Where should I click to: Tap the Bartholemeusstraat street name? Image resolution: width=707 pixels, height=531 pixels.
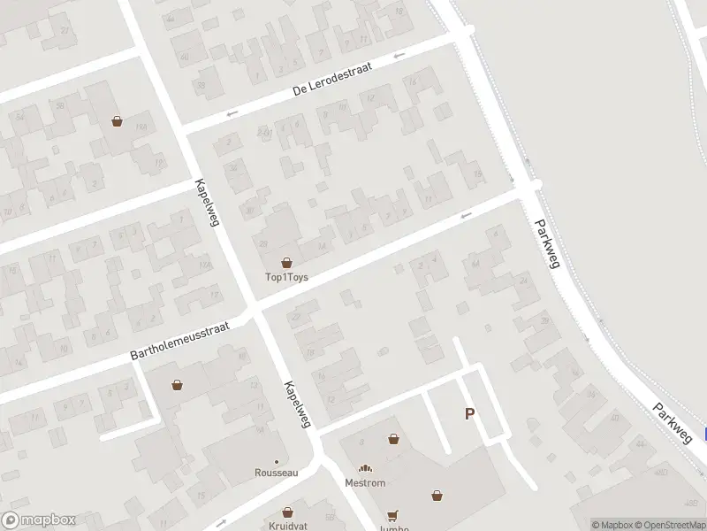[x=179, y=341]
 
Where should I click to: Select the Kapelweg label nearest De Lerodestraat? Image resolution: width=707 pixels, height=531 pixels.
[x=207, y=203]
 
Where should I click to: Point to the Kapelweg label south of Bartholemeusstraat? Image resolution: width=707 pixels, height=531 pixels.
[x=298, y=404]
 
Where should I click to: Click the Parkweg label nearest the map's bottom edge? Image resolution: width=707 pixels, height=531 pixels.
[x=673, y=422]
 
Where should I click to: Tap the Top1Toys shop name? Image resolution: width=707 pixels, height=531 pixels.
[x=286, y=277]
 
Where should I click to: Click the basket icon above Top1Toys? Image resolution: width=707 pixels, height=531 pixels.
[x=286, y=263]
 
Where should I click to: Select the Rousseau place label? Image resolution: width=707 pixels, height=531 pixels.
[x=277, y=473]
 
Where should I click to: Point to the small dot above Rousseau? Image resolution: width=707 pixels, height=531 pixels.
[x=277, y=461]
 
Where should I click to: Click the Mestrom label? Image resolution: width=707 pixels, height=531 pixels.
[x=365, y=483]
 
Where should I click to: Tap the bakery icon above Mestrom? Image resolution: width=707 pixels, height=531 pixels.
[x=365, y=469]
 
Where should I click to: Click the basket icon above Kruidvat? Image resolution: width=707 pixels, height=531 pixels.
[x=287, y=512]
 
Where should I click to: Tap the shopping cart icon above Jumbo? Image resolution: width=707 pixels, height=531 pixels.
[x=392, y=515]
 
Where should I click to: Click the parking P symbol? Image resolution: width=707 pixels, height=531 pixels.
[x=469, y=413]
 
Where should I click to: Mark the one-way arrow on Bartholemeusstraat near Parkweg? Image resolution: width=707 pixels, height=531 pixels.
[x=466, y=214]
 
